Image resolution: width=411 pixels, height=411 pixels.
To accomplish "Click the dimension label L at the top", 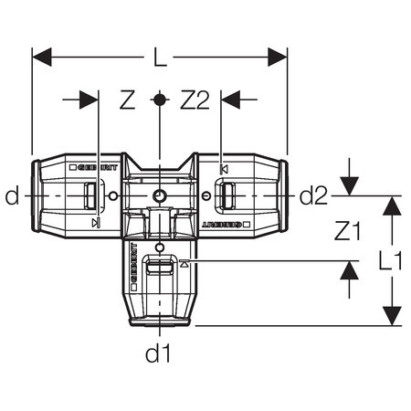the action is [x=160, y=57].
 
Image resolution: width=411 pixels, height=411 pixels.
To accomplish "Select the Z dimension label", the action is [x=128, y=100].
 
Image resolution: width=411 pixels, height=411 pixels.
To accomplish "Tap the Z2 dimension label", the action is [x=195, y=100].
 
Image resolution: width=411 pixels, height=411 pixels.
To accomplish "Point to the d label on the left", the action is [x=12, y=195].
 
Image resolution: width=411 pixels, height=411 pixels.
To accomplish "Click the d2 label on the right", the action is [x=313, y=195].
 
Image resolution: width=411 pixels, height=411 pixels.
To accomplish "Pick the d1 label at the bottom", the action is [x=158, y=353].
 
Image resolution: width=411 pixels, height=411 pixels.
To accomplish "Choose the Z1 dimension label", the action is [x=347, y=230].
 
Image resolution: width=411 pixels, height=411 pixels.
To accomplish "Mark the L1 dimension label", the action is [x=391, y=261].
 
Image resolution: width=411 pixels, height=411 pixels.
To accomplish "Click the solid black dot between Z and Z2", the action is [x=159, y=100].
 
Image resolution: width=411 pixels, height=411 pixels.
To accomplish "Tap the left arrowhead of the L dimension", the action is [x=42, y=57].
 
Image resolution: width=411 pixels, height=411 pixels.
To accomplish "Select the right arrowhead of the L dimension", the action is [x=278, y=57].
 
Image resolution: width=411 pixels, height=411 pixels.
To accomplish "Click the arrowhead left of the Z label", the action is [x=89, y=100].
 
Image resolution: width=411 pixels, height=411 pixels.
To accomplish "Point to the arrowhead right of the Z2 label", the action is [x=230, y=100].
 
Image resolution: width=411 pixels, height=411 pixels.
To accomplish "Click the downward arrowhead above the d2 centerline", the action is [x=349, y=186].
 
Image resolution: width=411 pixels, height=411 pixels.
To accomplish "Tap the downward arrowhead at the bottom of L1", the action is [x=392, y=316].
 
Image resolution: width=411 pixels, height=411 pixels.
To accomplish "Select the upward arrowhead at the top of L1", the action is [x=392, y=205].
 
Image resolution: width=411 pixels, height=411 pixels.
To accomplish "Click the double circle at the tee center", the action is [x=159, y=195].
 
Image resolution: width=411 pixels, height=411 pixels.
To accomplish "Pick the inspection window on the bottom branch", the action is [x=160, y=269].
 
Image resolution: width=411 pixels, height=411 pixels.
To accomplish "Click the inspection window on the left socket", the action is [x=90, y=195].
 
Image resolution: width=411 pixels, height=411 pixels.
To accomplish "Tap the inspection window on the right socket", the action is [x=228, y=195].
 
